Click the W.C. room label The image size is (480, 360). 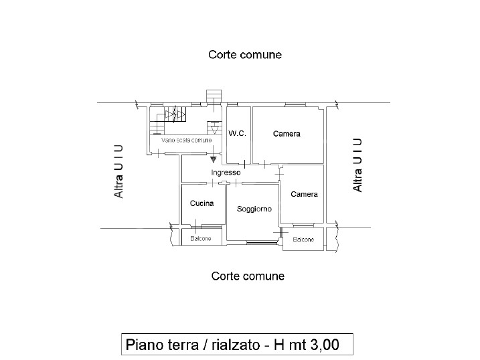237,133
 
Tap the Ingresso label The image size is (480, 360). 226,173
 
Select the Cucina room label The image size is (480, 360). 202,203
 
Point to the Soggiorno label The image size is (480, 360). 254,209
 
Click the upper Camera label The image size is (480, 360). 287,134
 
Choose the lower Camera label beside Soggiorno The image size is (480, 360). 304,194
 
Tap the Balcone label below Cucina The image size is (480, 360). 201,239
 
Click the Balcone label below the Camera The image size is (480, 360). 303,240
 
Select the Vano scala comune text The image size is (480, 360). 186,140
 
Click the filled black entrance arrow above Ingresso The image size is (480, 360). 214,159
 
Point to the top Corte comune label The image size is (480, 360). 245,55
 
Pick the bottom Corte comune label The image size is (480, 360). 248,276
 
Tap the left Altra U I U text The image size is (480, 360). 118,171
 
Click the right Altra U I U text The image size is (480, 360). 357,165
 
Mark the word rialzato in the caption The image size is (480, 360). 236,345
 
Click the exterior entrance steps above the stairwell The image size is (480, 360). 214,96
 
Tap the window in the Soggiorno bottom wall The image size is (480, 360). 261,242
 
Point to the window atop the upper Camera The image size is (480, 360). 295,105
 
